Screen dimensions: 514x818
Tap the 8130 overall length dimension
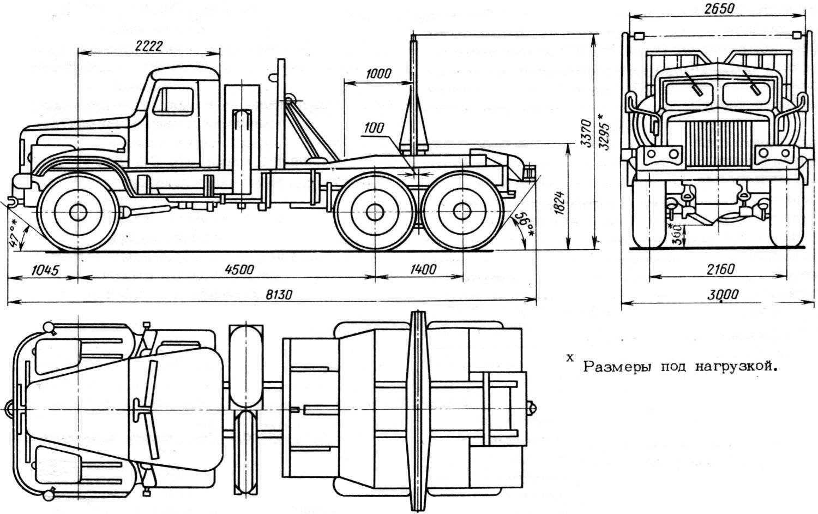tap(279, 294)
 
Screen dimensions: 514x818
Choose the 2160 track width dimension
tap(718, 269)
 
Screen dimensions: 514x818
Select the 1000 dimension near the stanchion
tap(378, 74)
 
